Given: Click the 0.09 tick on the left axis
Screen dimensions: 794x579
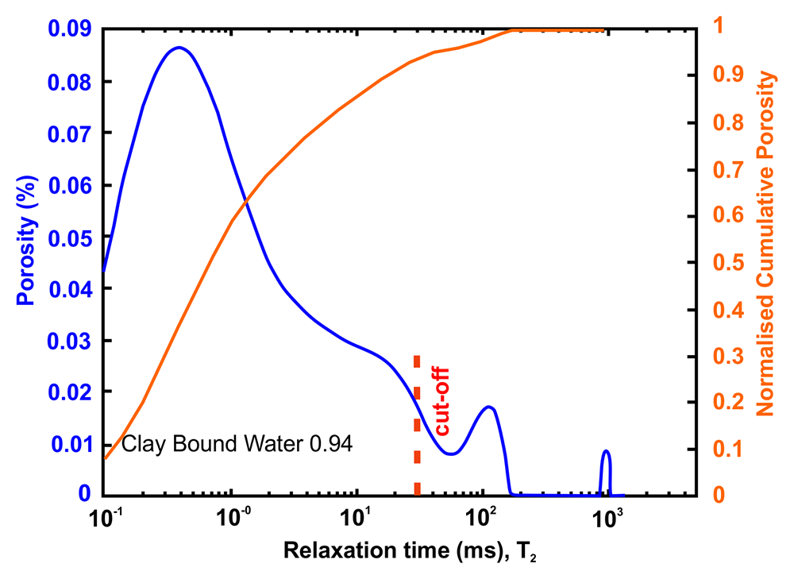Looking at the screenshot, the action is [x=70, y=29].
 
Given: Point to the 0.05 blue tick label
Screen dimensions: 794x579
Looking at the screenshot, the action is [x=70, y=238].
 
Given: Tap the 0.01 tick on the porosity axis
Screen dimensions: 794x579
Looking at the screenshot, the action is [x=72, y=445].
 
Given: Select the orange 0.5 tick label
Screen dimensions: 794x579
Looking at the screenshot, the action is [x=728, y=263].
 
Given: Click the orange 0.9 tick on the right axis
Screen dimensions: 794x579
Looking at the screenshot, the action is [x=728, y=75].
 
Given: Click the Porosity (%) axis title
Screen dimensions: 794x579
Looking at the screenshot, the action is [x=27, y=240].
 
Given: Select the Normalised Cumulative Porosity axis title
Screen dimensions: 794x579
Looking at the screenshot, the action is [x=765, y=244].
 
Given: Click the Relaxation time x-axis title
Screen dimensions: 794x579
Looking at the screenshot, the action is [x=410, y=551].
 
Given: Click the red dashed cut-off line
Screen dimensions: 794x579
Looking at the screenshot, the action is [x=417, y=426].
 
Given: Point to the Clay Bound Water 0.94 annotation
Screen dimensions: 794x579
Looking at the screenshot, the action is [x=237, y=444].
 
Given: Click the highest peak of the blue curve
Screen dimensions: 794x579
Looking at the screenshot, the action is [x=179, y=48].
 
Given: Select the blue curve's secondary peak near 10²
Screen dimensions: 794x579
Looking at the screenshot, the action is [x=488, y=407].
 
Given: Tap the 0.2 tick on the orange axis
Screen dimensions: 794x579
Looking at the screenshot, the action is [x=728, y=403].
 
